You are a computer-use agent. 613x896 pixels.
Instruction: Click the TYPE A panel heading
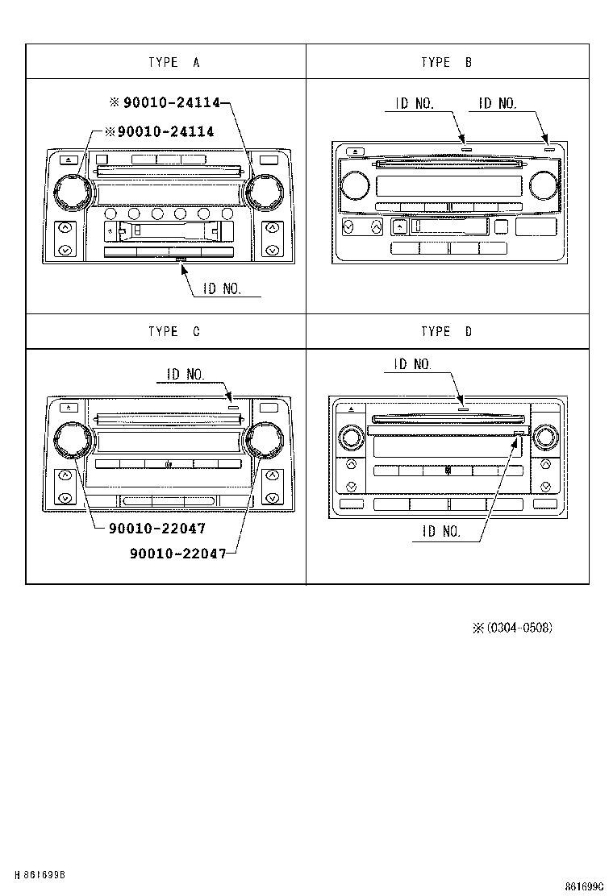click(173, 62)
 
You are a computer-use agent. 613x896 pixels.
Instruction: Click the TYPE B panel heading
click(446, 62)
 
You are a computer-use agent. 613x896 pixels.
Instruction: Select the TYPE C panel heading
click(173, 331)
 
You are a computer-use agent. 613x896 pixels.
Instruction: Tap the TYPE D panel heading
click(446, 331)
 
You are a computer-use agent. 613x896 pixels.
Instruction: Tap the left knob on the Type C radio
click(70, 441)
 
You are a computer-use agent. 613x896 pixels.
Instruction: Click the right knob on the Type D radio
click(545, 438)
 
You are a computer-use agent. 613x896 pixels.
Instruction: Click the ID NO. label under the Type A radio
click(222, 288)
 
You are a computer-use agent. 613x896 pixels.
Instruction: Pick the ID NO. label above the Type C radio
click(186, 375)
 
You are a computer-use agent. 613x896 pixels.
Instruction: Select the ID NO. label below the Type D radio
click(441, 531)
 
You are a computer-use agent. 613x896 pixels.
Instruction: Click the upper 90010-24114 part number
click(171, 102)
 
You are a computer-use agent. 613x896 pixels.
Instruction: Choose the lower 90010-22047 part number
click(177, 553)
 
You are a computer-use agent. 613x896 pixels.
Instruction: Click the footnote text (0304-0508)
click(519, 628)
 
